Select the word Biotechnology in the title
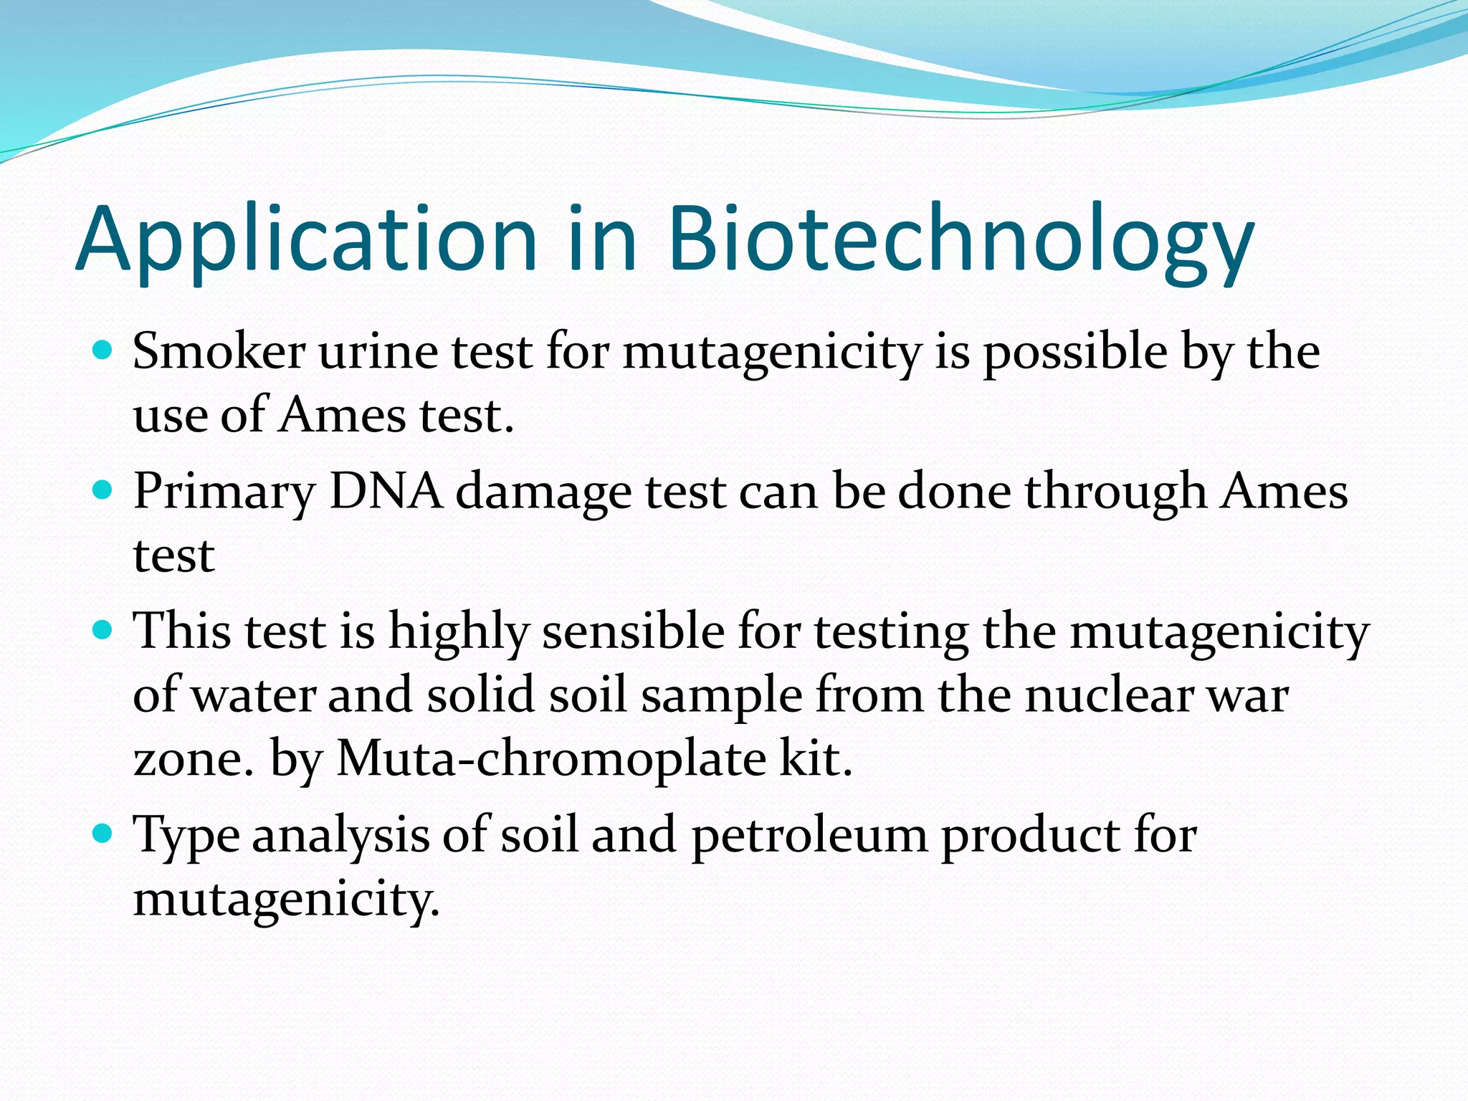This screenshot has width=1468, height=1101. click(x=961, y=240)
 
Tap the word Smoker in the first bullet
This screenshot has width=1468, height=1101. click(x=219, y=352)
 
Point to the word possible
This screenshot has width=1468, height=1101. click(x=1075, y=353)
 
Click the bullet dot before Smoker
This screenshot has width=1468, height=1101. click(x=103, y=351)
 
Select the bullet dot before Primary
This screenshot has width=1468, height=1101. click(x=103, y=490)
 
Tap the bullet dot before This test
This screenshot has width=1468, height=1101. click(x=103, y=630)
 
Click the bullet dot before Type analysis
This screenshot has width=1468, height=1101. click(x=103, y=834)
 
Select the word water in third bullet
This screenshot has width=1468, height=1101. click(x=254, y=695)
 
